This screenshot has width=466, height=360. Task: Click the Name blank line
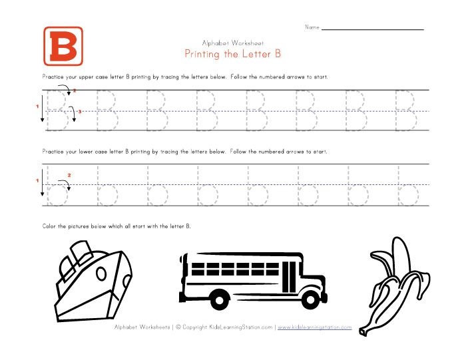(373, 29)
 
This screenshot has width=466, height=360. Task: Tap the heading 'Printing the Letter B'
(232, 53)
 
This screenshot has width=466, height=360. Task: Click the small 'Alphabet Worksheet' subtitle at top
(232, 42)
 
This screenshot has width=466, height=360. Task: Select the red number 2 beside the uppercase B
(75, 90)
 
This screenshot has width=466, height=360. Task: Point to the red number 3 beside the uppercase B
(79, 112)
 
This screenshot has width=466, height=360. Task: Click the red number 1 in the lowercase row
(37, 180)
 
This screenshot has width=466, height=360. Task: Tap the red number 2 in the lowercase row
(69, 174)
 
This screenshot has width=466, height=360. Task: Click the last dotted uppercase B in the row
(405, 110)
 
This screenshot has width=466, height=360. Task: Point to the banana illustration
(388, 283)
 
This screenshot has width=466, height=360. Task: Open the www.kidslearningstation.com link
(314, 327)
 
